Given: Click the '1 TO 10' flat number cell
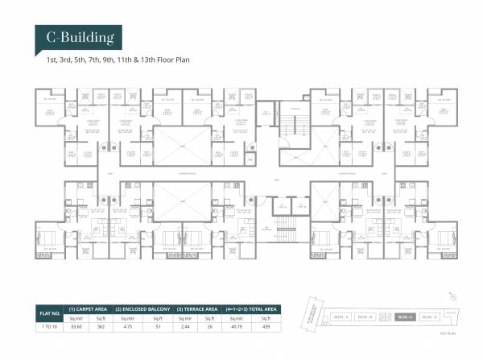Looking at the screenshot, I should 50,325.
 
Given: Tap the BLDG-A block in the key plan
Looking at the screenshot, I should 341,317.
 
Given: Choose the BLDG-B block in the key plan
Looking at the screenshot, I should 365,317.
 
